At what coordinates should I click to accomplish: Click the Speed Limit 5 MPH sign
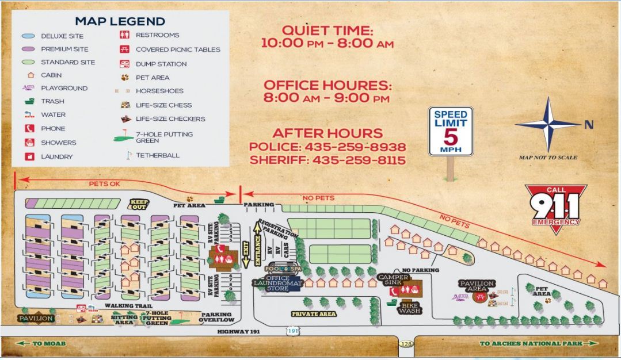451,131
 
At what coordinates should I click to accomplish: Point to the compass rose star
547,124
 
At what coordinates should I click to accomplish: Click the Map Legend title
120,21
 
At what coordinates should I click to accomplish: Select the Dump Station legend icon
124,64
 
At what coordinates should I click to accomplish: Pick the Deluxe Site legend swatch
26,36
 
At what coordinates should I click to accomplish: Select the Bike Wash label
409,307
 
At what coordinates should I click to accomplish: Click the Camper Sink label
394,279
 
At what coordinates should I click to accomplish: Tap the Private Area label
313,314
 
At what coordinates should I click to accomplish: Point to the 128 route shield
406,344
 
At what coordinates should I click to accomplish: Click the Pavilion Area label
477,286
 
